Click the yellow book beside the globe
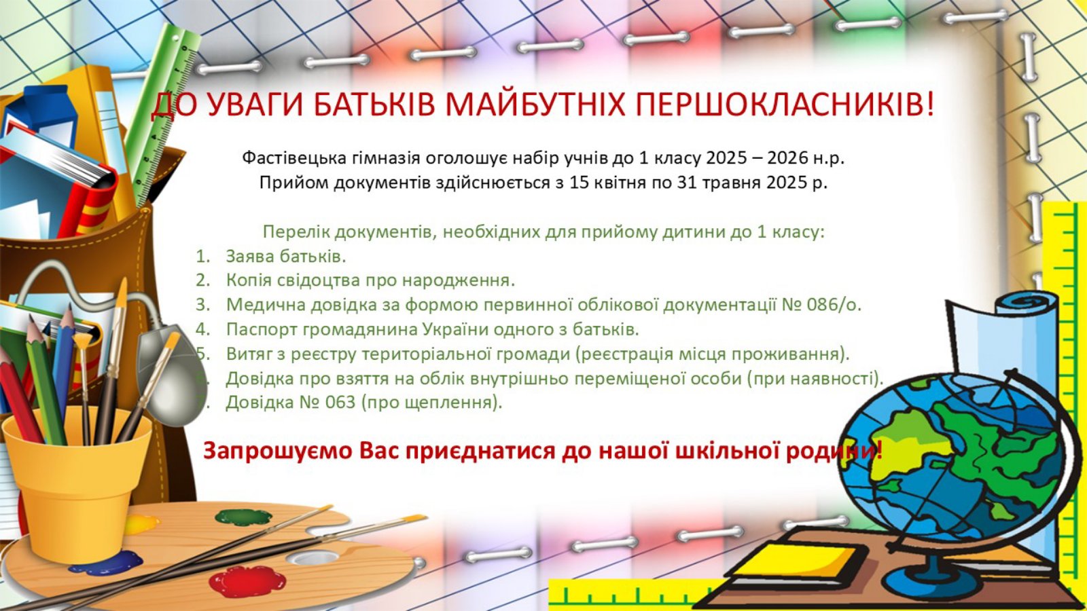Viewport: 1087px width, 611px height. tap(796, 563)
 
